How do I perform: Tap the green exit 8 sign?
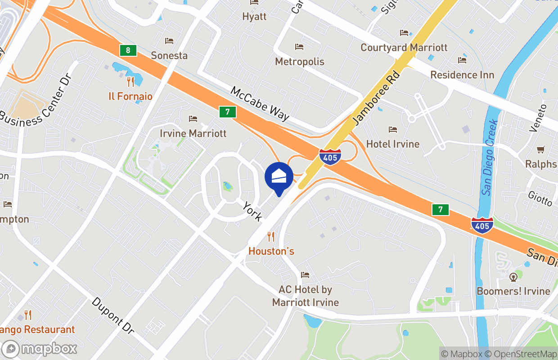point(128,50)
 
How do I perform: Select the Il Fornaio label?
point(130,96)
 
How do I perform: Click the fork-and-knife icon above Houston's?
point(271,236)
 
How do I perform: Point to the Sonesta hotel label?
point(169,55)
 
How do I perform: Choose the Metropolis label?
point(300,62)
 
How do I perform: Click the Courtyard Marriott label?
point(404,47)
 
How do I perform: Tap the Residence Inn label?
point(462,75)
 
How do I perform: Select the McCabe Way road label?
point(260,103)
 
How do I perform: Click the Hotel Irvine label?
point(393,144)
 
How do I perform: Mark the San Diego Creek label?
point(489,157)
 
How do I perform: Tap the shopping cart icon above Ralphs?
point(541,150)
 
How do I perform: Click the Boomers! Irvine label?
point(513,291)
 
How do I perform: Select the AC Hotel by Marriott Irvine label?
point(306,296)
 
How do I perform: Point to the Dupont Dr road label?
point(113,315)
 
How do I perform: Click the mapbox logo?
point(40,349)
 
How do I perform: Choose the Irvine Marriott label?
point(193,133)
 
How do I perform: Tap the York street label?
point(252,211)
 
